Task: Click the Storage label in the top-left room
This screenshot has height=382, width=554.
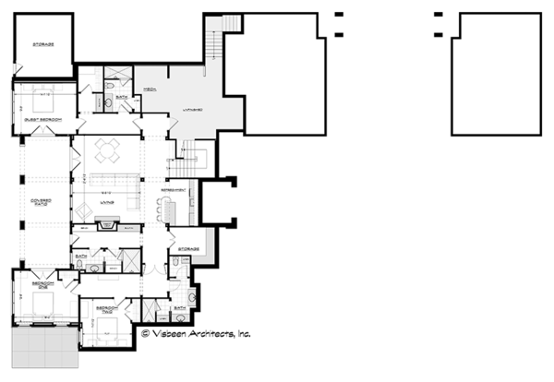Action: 42,44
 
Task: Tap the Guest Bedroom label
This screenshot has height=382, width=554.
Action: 37,119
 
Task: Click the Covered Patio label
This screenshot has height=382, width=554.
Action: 39,201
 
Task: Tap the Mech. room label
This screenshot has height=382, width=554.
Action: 148,90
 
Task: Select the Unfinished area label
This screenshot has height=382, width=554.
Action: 191,107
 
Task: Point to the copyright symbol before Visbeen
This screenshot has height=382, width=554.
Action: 145,333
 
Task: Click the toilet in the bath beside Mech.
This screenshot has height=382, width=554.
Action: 110,90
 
